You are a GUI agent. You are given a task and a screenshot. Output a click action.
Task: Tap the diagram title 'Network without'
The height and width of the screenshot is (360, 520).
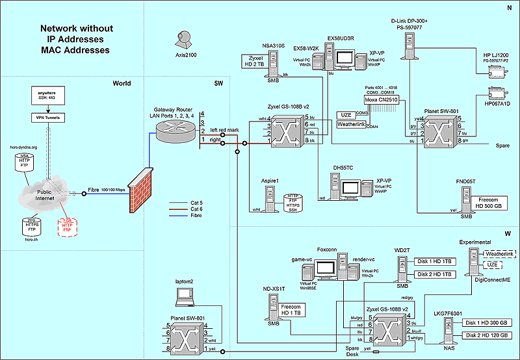pyautogui.click(x=76, y=29)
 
